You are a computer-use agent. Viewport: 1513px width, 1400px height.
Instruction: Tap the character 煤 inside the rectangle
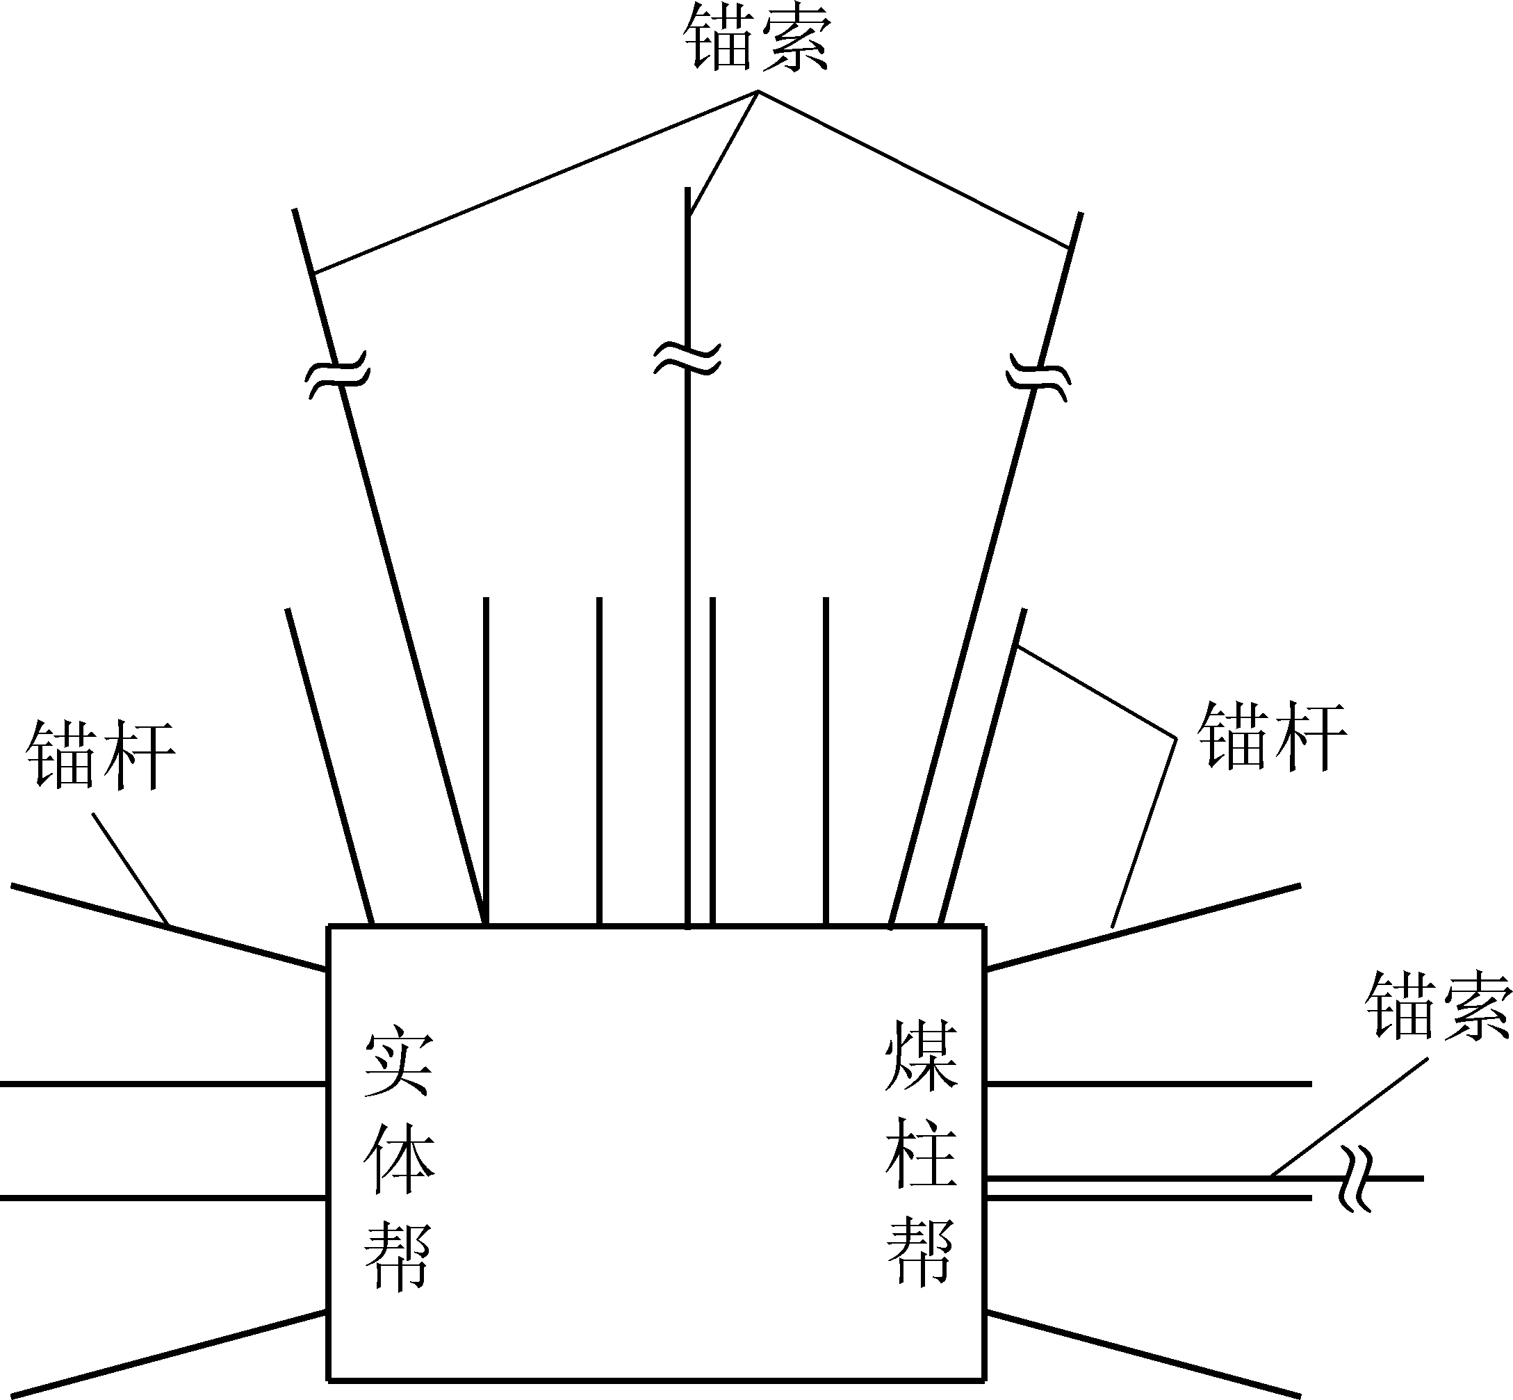(921, 1056)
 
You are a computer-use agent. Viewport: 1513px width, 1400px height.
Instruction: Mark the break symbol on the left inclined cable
(338, 373)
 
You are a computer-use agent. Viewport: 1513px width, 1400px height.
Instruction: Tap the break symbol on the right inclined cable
(1038, 376)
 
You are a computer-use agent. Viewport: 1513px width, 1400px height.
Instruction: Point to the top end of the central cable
(687, 188)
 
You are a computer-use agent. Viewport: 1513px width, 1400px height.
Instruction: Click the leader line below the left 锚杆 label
(130, 869)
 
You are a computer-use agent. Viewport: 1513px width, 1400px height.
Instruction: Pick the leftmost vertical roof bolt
(485, 761)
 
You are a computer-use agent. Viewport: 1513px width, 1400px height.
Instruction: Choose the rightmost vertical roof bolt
(826, 761)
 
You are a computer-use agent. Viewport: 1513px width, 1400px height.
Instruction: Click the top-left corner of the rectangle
(329, 926)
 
